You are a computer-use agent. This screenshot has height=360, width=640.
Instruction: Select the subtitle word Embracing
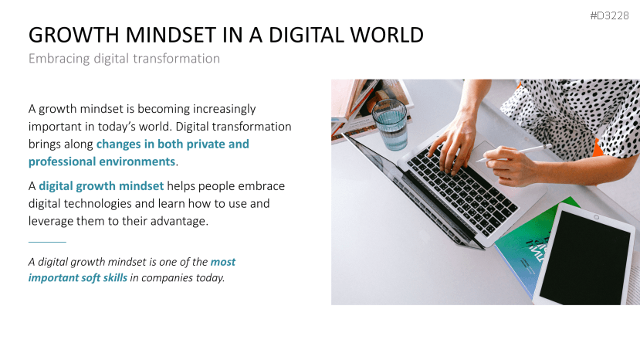click(59, 59)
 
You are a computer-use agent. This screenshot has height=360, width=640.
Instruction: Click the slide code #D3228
click(609, 16)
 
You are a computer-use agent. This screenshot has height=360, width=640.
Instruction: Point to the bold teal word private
click(205, 144)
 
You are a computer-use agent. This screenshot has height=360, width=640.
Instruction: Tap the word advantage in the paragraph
click(179, 222)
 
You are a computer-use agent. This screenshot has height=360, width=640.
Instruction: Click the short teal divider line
click(47, 242)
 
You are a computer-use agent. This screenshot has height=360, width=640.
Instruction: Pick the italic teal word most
click(223, 262)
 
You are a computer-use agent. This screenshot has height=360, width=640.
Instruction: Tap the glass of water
click(390, 124)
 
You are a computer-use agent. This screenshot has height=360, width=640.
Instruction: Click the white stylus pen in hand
click(514, 152)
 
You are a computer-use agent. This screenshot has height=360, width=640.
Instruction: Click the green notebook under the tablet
click(527, 244)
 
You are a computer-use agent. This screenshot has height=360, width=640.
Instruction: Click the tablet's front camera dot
click(596, 217)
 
